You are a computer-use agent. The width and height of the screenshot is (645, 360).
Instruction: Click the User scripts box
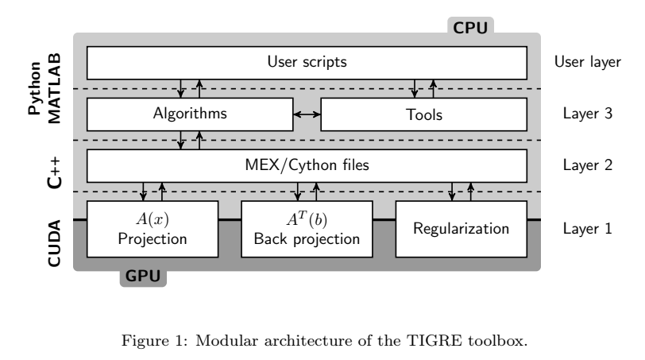(x=306, y=61)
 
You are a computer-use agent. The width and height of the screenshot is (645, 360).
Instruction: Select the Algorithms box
(x=189, y=114)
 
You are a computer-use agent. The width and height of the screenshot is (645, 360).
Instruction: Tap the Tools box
(x=423, y=114)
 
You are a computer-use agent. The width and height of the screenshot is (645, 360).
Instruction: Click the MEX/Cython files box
(x=306, y=166)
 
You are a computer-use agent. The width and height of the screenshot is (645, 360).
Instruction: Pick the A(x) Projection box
(x=152, y=229)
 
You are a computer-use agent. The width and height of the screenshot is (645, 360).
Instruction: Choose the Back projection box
(x=306, y=229)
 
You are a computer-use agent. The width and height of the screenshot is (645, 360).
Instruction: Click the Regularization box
(x=461, y=229)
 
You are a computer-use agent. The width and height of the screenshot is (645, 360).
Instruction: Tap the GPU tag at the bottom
(x=143, y=277)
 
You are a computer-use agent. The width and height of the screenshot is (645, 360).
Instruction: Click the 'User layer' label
(x=587, y=61)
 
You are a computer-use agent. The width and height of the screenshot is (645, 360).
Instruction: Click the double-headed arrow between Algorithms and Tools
(x=307, y=114)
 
